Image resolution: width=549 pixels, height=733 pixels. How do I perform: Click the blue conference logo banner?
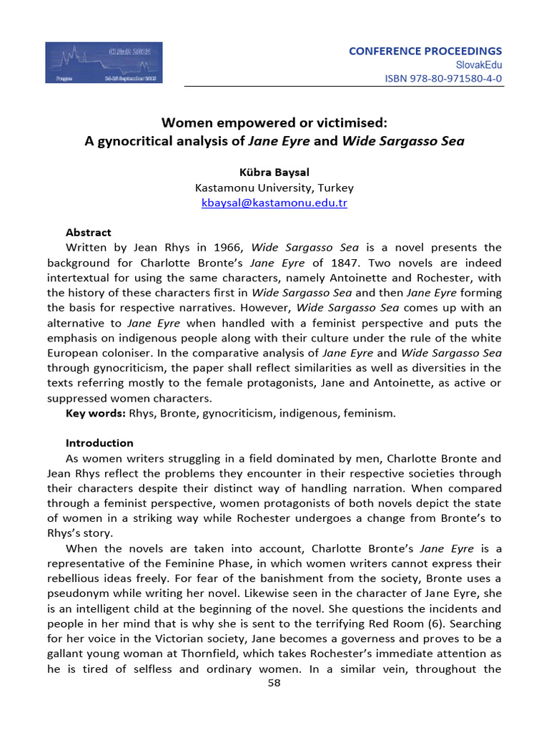click(x=104, y=62)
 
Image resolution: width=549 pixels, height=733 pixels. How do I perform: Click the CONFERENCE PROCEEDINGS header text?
click(x=425, y=51)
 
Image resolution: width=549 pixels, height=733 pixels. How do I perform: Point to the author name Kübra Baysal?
click(x=274, y=173)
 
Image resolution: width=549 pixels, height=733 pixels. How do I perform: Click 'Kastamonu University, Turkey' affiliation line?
click(x=274, y=188)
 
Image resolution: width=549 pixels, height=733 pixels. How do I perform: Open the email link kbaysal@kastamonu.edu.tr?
click(x=274, y=203)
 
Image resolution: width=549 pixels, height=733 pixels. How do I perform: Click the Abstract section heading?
click(x=89, y=233)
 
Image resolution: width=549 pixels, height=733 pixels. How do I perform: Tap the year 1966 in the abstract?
click(x=224, y=248)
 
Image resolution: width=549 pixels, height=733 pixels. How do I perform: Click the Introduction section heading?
click(x=99, y=443)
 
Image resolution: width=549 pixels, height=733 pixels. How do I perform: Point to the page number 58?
click(x=274, y=683)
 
